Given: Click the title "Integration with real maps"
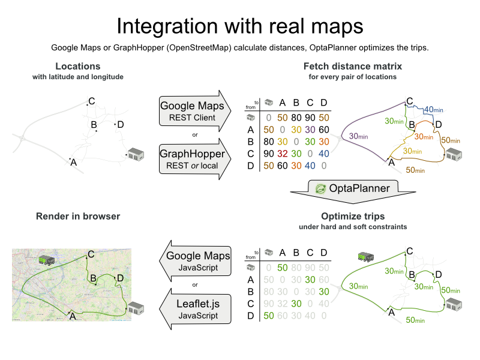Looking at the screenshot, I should click(240, 26).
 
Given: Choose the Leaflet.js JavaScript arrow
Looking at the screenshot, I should click(193, 308).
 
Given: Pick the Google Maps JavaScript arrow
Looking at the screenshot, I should click(193, 261).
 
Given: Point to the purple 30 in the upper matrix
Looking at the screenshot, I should click(310, 129).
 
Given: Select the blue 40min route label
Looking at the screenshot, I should click(433, 110).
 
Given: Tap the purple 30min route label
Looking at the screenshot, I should click(358, 137).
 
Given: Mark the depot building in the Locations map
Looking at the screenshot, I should click(136, 154).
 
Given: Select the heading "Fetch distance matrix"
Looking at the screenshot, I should click(352, 66).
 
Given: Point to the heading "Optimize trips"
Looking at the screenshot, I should click(353, 216).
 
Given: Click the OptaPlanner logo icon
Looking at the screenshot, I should click(321, 188).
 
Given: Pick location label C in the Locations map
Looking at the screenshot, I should click(92, 101).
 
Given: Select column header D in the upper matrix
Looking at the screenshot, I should click(324, 104).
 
